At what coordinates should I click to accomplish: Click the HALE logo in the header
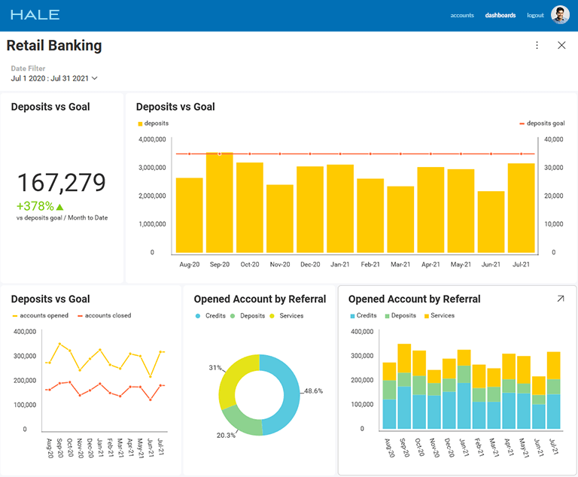click(x=35, y=15)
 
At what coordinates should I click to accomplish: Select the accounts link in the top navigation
click(x=462, y=15)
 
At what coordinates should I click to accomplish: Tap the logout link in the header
click(x=535, y=15)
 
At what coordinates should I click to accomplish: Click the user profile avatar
click(x=560, y=15)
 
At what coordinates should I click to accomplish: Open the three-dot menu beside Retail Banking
click(x=537, y=45)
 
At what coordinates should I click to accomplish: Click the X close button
click(x=561, y=45)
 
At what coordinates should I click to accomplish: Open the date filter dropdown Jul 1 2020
click(x=54, y=78)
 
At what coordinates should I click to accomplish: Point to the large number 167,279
click(x=61, y=183)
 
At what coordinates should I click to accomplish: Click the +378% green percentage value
click(x=35, y=206)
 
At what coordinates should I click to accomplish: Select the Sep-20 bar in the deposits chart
click(x=219, y=203)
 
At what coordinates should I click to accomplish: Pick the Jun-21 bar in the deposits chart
click(x=491, y=222)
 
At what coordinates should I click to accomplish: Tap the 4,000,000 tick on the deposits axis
click(x=153, y=139)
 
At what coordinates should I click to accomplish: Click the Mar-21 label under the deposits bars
click(x=400, y=265)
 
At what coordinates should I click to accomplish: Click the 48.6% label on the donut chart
click(x=313, y=391)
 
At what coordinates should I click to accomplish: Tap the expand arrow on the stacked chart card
click(x=561, y=299)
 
